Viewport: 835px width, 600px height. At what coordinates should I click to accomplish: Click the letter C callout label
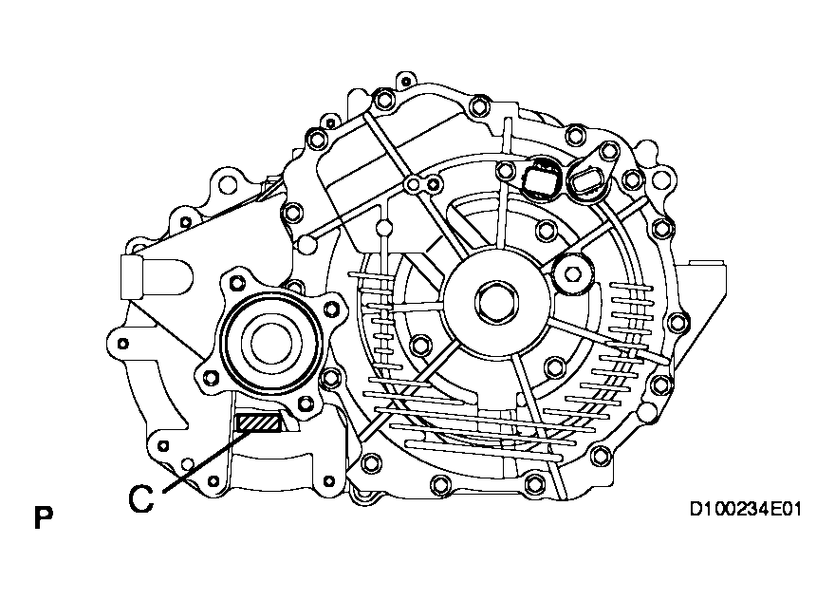pos(141,499)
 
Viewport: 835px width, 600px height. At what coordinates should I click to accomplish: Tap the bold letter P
pos(44,517)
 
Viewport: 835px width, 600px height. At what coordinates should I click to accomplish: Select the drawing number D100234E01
pos(746,510)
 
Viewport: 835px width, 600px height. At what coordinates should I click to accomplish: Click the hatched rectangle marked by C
pos(258,423)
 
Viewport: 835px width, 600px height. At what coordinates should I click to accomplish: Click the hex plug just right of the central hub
pos(573,273)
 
